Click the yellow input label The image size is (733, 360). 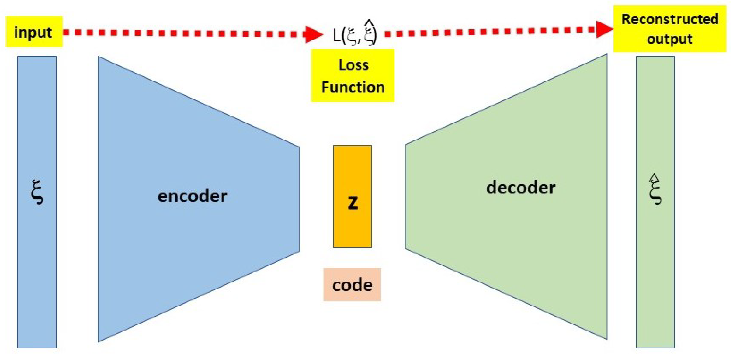coord(34,32)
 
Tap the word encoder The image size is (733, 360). coord(192,196)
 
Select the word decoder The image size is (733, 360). coord(520,187)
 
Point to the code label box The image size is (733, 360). coord(352,285)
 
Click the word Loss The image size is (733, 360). coord(353,65)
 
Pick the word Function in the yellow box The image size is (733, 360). coord(353,87)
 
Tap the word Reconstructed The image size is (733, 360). coord(669,19)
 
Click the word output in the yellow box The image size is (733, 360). coord(669,39)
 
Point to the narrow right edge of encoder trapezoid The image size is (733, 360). coord(298,199)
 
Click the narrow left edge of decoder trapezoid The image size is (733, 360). coord(406,197)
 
